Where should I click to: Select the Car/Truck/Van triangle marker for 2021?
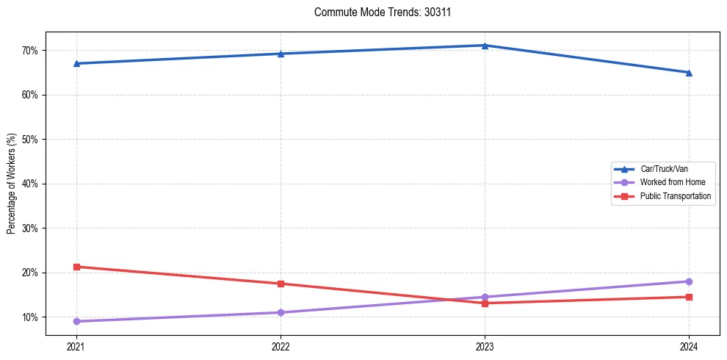click(76, 63)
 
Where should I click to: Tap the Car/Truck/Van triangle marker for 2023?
click(485, 46)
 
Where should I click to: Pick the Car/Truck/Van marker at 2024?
click(689, 72)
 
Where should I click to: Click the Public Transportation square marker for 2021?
click(76, 267)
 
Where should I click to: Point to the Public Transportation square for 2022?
click(281, 284)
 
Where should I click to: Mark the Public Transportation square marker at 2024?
click(689, 297)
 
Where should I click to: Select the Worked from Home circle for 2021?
click(76, 321)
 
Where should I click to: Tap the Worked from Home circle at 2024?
click(689, 281)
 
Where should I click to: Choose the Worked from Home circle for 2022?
click(281, 312)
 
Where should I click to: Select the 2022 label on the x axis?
click(281, 347)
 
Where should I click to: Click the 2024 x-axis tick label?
click(689, 347)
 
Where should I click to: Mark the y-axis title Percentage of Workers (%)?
click(12, 184)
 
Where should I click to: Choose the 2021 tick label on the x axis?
click(76, 347)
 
